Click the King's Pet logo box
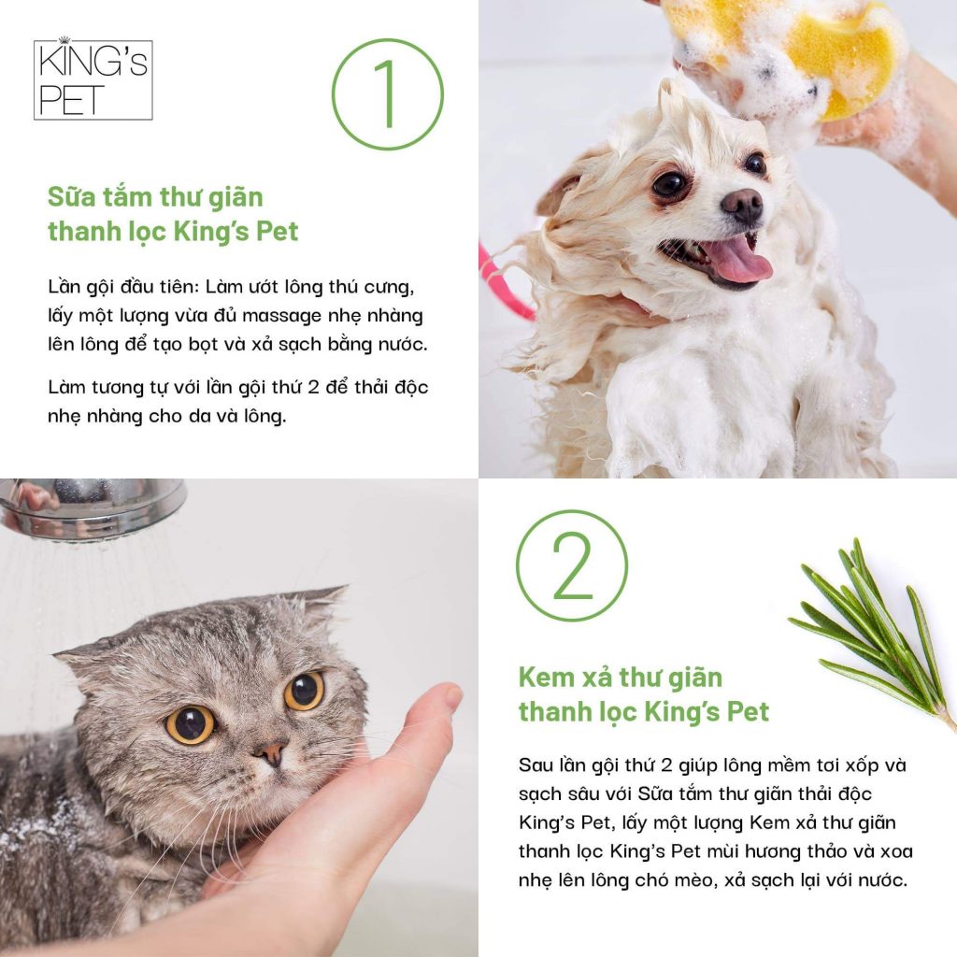(93, 79)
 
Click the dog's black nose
(742, 205)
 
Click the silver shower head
(92, 507)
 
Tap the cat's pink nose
(272, 752)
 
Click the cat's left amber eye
(191, 724)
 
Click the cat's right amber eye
(304, 691)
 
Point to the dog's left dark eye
(669, 184)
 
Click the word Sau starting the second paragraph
(537, 764)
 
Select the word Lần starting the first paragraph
(64, 286)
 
